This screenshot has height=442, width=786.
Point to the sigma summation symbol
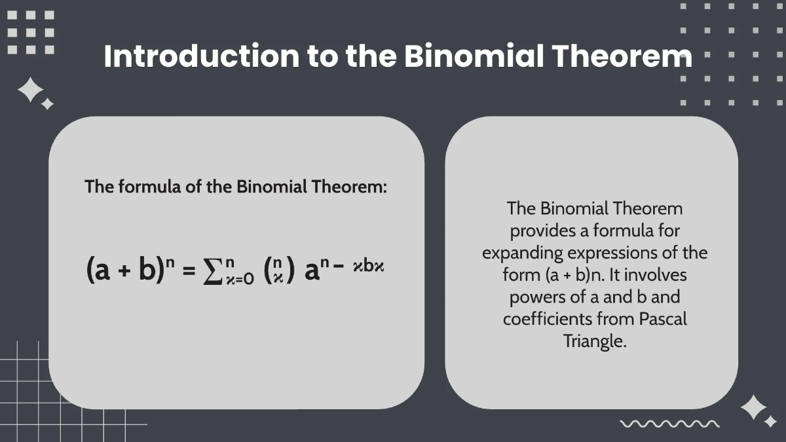(x=210, y=269)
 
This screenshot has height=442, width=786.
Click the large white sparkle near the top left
(x=30, y=90)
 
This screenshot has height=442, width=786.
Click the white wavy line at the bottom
(x=669, y=424)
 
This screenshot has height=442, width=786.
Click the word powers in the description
(x=534, y=297)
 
